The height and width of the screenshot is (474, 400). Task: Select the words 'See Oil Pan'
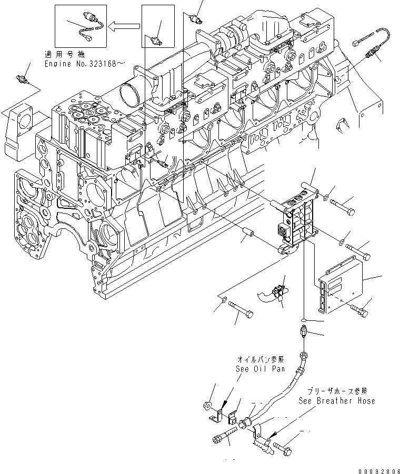tap(260, 369)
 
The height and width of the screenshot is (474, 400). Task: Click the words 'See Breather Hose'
tap(337, 401)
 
